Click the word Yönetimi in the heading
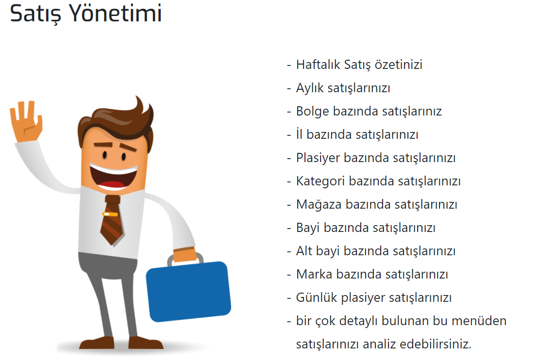(115, 13)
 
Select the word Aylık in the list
(310, 88)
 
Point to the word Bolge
(313, 112)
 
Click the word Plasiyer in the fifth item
(318, 158)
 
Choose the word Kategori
(320, 181)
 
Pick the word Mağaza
(319, 205)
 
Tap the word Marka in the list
(314, 275)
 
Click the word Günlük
(317, 298)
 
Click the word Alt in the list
(304, 251)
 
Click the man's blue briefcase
(189, 292)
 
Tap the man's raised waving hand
(26, 122)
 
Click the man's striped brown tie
(112, 220)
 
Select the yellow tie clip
(110, 214)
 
